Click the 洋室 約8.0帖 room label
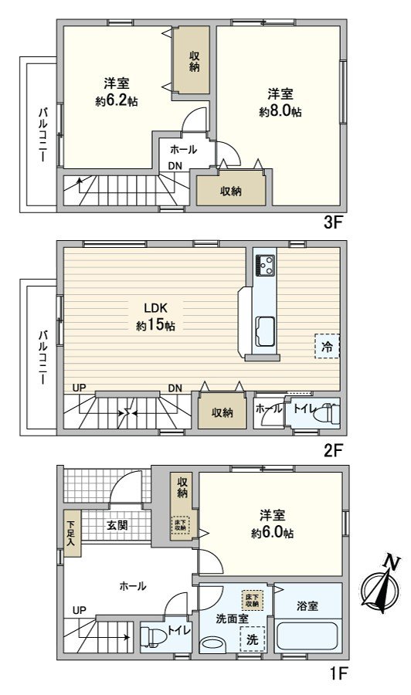tap(280, 102)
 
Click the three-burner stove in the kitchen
tap(265, 265)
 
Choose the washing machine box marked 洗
tap(252, 639)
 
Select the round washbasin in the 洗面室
tap(210, 643)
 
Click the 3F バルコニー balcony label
tap(42, 135)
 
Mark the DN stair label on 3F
tap(175, 166)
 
